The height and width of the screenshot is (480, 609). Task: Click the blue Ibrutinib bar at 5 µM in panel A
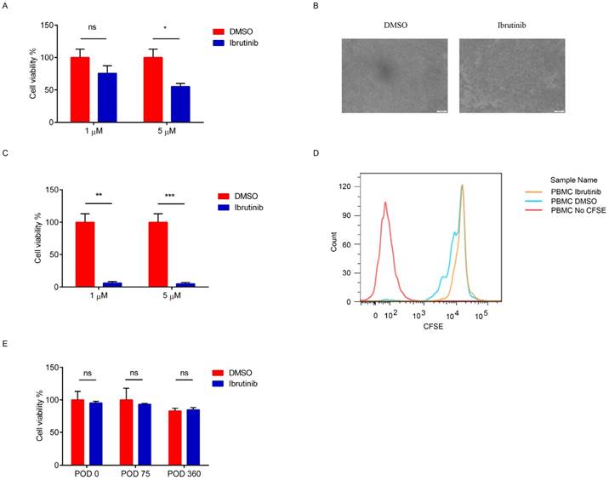tap(179, 105)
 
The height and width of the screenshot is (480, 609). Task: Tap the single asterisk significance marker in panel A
tap(167, 29)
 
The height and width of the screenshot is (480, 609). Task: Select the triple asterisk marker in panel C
tap(167, 195)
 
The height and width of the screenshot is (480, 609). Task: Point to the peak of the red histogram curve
tap(385, 203)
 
